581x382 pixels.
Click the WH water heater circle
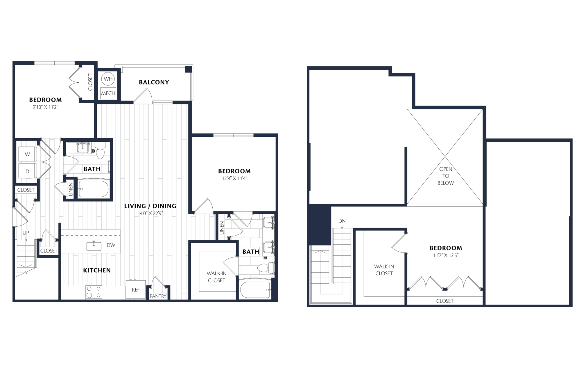click(108, 79)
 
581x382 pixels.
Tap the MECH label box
click(108, 93)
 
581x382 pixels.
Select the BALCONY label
click(154, 82)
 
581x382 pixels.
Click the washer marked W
click(27, 154)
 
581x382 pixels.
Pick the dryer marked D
click(27, 171)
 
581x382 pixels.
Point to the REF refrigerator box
click(136, 289)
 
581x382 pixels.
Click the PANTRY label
click(158, 296)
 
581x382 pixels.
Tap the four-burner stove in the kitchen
click(94, 292)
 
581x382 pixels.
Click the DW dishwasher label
click(111, 245)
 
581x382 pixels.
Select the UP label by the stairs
click(26, 233)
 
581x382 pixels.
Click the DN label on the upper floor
click(342, 221)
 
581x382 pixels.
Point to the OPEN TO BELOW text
click(446, 176)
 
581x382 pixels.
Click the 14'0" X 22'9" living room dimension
click(150, 213)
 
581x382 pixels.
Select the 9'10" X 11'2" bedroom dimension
click(45, 107)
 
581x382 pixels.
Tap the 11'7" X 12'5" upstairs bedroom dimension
click(446, 255)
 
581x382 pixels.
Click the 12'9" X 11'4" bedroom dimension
click(234, 178)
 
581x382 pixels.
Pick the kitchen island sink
click(94, 246)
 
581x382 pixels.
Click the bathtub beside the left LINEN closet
click(94, 189)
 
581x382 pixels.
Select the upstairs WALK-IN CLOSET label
click(384, 270)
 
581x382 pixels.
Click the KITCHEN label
click(97, 270)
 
